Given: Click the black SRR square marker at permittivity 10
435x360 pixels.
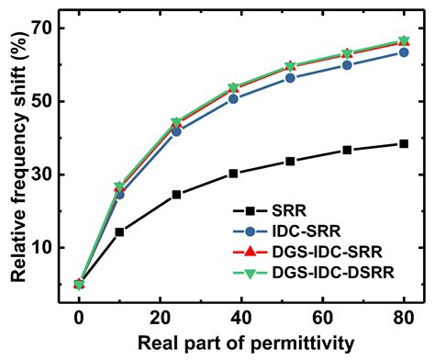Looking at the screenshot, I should coord(119,231).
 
